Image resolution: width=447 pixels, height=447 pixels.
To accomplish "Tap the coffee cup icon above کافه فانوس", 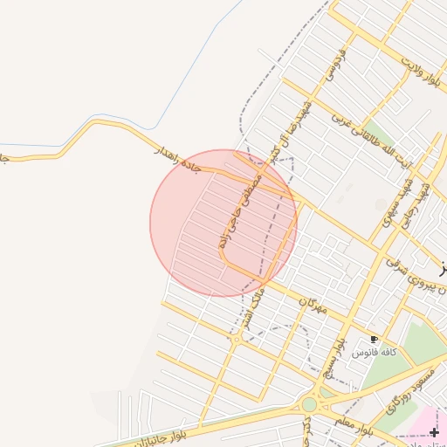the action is click(375, 339).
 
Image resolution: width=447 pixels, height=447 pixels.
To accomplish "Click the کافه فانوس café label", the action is click(375, 352).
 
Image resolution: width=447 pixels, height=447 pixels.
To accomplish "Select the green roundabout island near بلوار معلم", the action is click(309, 404).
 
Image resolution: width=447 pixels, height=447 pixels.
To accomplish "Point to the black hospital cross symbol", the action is click(435, 432).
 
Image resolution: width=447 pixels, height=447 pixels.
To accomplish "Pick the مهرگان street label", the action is click(311, 306).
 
